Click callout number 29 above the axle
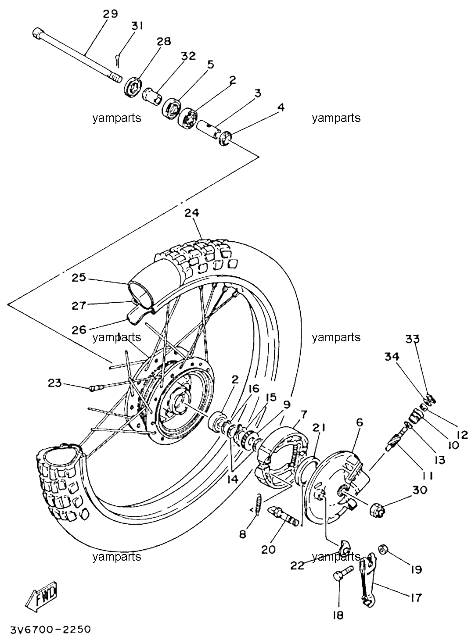tap(110, 14)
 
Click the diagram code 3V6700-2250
tap(50, 629)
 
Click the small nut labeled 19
tap(383, 550)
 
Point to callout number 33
tap(413, 339)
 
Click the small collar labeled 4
tap(226, 138)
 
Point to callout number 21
tap(319, 428)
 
